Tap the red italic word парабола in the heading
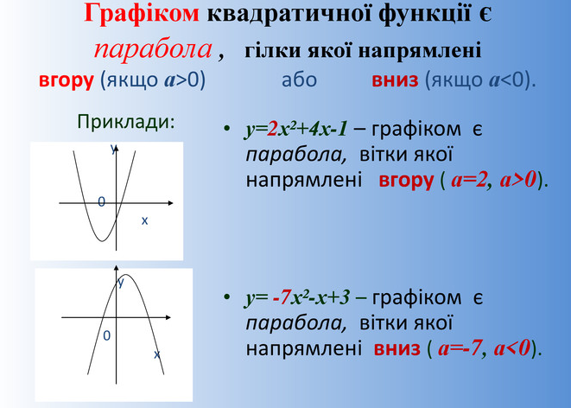pos(153,50)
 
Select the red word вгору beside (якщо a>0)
pos(67,81)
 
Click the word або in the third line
pos(300,80)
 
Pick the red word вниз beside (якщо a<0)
pos(395,80)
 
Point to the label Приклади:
pos(126,122)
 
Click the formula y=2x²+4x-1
pos(296,130)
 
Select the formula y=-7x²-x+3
pos(297,298)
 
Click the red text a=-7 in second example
pos(460,348)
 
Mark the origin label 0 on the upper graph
pos(102,201)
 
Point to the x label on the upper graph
pos(144,220)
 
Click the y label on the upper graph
pos(114,149)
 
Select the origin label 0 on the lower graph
pos(107,336)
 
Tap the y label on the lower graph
pos(121,283)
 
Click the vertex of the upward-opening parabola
pos(102,241)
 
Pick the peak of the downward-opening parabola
pos(126,275)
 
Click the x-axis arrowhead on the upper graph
pos(170,203)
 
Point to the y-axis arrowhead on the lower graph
pos(116,268)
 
